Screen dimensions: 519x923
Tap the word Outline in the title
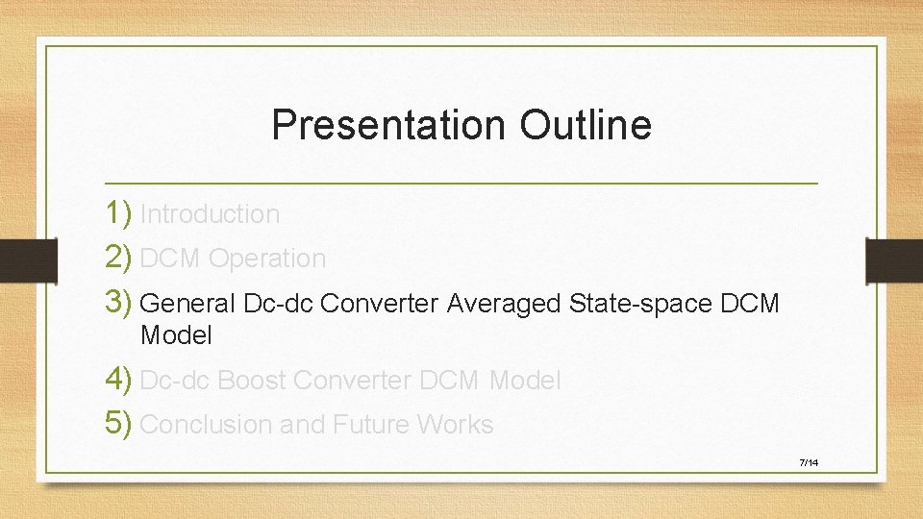[586, 125]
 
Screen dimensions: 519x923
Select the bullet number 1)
[120, 213]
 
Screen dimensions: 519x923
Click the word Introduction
[210, 214]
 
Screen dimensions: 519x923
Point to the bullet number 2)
[120, 258]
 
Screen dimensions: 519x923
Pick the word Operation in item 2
[267, 259]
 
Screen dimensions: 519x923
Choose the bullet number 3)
[120, 303]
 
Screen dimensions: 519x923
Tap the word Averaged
[505, 304]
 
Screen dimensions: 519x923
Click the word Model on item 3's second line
[176, 335]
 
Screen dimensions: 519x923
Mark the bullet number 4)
[120, 380]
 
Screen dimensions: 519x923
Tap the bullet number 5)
[120, 424]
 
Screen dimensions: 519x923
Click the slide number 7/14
[808, 463]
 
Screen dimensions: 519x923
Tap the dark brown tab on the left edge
[17, 259]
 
